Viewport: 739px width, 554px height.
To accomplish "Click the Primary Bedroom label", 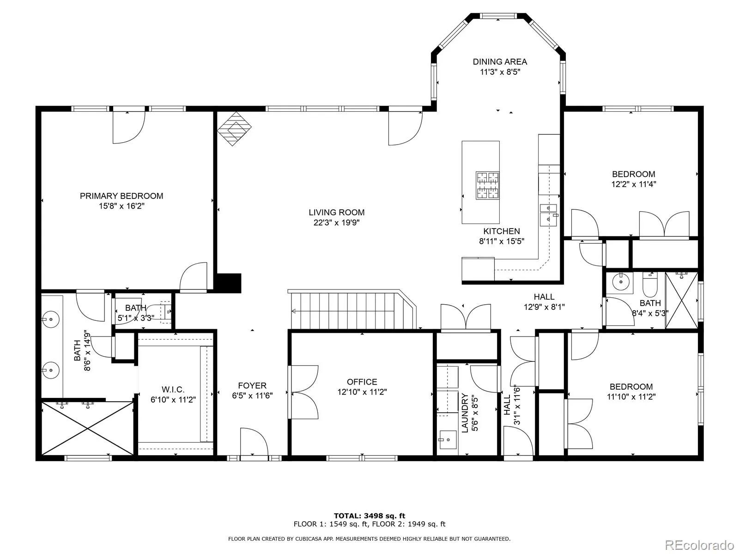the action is [x=121, y=196].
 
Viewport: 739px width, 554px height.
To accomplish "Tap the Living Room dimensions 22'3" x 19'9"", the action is [x=336, y=223].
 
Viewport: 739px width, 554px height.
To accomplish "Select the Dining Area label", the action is [x=500, y=61].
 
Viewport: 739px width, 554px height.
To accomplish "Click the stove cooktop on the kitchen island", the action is [x=487, y=185].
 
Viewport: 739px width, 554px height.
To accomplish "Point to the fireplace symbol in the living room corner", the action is [x=234, y=128].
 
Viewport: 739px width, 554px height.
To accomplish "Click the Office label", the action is [x=362, y=382].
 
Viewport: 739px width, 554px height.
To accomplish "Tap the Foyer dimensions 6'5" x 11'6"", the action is [x=252, y=395].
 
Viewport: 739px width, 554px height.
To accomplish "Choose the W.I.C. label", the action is [x=173, y=390].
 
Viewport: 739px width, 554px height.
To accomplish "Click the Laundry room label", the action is [x=465, y=413].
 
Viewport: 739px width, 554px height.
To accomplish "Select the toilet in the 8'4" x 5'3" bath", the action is [x=650, y=284].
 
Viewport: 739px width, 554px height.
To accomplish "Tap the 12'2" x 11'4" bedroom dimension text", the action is [x=634, y=184].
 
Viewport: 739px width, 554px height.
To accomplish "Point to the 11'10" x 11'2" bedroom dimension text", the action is [x=631, y=397].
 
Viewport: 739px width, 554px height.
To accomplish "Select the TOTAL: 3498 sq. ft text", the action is [x=369, y=516].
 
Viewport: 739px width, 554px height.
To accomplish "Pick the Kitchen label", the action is [x=501, y=231].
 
